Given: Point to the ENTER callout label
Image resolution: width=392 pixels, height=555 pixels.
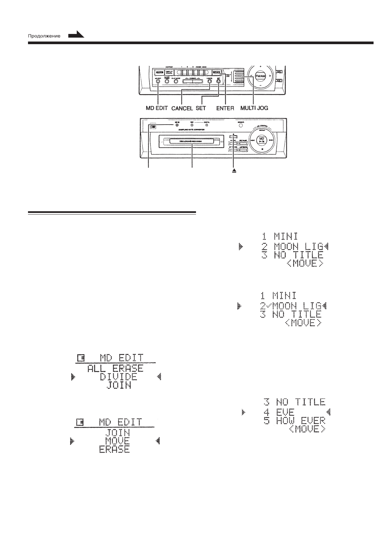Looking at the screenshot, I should click(x=225, y=108).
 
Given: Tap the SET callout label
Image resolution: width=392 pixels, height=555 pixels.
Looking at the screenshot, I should click(x=201, y=108).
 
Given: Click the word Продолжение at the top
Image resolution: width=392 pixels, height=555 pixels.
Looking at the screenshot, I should click(x=43, y=36).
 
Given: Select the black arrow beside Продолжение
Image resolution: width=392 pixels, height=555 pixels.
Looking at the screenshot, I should click(x=76, y=34).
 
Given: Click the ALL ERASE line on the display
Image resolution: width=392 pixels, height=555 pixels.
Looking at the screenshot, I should click(x=115, y=368).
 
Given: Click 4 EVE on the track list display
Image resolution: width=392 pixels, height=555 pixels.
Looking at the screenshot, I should click(x=279, y=412).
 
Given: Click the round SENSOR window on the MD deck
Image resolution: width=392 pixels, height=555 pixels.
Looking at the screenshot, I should click(x=241, y=125).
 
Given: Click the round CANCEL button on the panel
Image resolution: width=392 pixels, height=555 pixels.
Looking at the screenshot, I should click(x=209, y=80).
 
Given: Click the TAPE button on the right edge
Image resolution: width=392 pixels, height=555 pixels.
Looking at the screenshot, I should click(x=279, y=72).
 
